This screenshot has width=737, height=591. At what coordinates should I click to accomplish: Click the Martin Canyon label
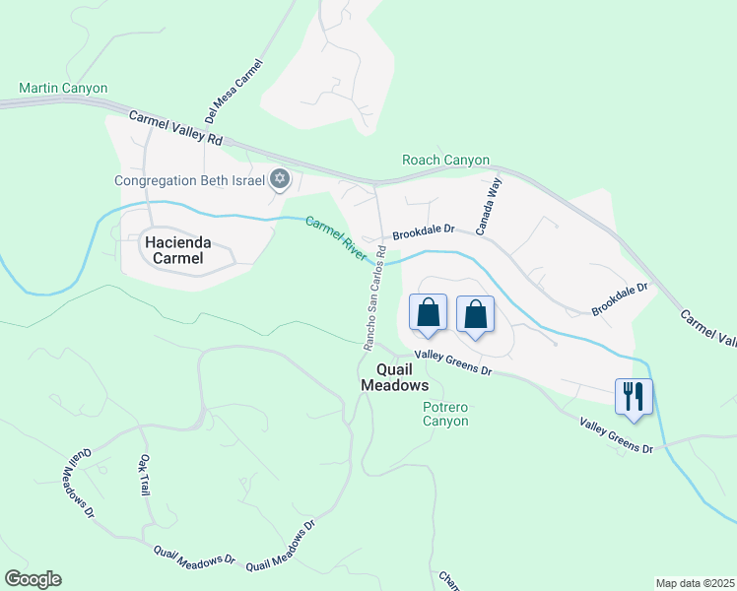[63, 89]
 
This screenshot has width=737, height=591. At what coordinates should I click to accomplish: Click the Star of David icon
[280, 179]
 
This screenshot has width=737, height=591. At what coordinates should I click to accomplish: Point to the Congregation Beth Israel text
[189, 180]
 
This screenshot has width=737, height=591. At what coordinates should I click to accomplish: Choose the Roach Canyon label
[445, 161]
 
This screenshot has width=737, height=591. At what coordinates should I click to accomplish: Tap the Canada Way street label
[489, 206]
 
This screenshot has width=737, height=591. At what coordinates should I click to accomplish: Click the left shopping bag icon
[428, 313]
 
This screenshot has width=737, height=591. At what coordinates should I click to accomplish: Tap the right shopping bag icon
[475, 314]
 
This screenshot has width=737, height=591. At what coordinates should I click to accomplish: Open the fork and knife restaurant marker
[634, 397]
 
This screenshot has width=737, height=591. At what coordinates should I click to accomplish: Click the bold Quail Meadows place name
[394, 377]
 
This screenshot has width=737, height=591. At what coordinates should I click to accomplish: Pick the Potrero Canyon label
[444, 414]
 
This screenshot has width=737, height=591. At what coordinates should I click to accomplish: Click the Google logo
[33, 579]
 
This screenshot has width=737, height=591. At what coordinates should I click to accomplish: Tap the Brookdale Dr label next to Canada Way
[424, 232]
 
